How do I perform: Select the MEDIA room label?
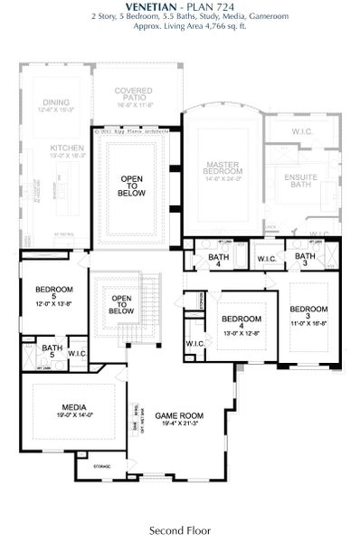pos(74,407)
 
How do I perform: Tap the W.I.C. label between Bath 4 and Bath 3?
pos(266,260)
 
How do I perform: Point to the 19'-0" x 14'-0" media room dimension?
pos(74,414)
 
